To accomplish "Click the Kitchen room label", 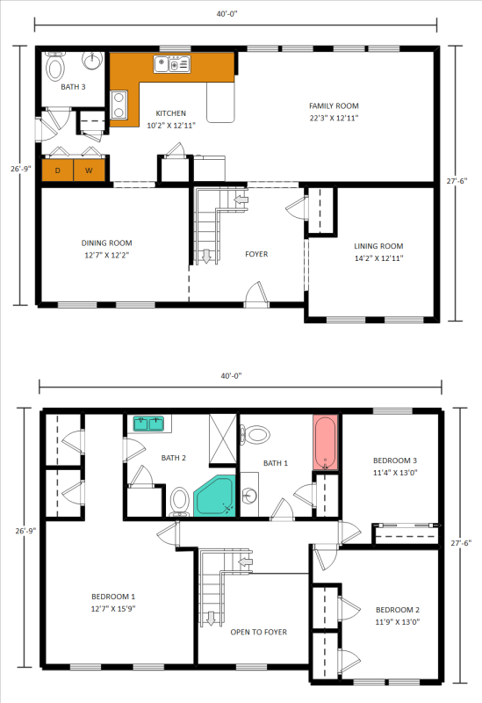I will click(170, 113).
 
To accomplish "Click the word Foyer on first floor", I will click(256, 254).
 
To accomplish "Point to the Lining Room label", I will click(378, 246).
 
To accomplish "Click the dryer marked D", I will click(57, 170).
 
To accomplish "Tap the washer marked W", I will click(90, 170).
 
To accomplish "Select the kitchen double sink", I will click(172, 63).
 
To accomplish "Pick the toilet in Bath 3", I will click(55, 66).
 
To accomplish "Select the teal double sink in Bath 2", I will click(149, 424).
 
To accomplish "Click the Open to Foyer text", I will click(258, 632).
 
